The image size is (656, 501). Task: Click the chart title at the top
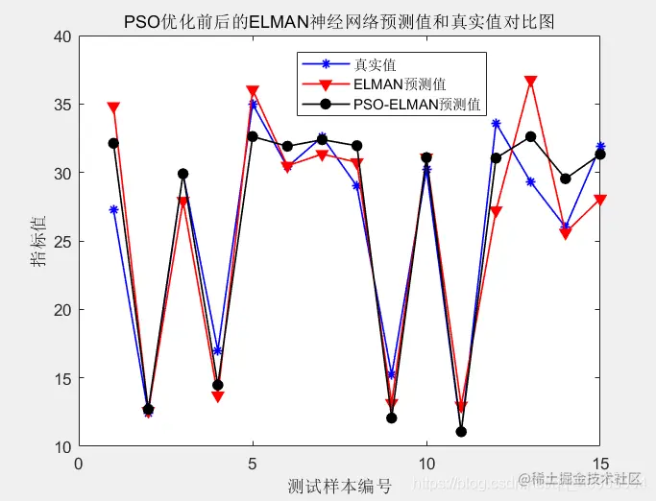click(339, 20)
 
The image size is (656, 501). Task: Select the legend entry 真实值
click(375, 65)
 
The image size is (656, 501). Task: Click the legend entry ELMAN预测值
click(400, 84)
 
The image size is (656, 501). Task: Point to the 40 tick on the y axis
click(62, 36)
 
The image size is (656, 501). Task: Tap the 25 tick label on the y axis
click(62, 242)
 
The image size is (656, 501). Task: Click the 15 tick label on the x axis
click(600, 464)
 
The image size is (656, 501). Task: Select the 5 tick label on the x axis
click(253, 464)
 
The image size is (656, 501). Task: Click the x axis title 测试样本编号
click(339, 486)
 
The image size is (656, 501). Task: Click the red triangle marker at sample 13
click(530, 82)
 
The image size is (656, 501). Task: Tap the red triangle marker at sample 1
click(113, 108)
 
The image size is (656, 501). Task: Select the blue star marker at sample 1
click(113, 209)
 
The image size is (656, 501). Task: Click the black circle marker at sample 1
click(113, 143)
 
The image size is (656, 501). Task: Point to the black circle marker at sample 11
click(461, 432)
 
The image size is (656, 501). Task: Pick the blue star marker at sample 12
click(496, 123)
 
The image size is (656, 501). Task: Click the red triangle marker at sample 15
click(600, 200)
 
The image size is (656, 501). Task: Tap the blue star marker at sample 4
click(218, 350)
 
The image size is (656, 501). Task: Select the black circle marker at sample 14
click(566, 179)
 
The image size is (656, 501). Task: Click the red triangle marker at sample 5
click(253, 91)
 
